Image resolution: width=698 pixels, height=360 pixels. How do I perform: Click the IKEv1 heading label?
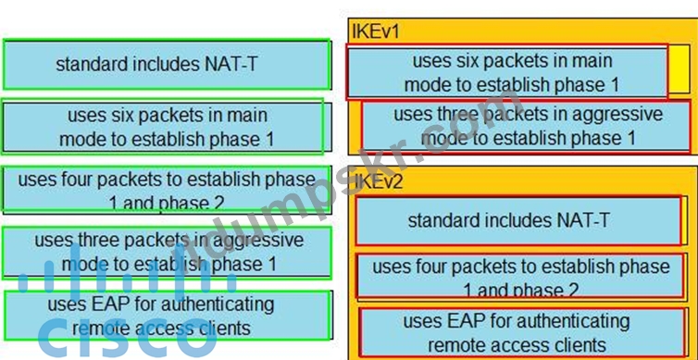click(x=376, y=31)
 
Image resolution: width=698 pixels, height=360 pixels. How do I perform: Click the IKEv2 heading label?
click(x=379, y=181)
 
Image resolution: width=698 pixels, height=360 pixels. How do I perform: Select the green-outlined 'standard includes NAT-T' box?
click(x=167, y=65)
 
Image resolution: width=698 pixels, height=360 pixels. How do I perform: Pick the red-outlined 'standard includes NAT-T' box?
click(x=518, y=220)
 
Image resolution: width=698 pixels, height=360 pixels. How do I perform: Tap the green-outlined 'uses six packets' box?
click(x=163, y=127)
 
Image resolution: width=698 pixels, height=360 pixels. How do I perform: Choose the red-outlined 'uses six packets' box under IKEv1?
click(x=507, y=72)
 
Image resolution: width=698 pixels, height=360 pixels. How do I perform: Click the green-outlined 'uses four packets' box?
click(x=167, y=188)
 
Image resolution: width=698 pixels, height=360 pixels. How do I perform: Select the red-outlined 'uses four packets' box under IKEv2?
click(x=520, y=276)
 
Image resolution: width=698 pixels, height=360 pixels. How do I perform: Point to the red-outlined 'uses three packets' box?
click(x=526, y=127)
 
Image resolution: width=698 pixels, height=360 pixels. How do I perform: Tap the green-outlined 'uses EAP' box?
click(x=168, y=316)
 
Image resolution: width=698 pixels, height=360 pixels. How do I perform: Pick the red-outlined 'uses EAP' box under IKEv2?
click(x=522, y=332)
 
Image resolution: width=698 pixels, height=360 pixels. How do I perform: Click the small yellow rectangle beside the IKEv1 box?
click(x=679, y=69)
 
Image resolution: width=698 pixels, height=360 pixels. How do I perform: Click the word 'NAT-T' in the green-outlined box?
click(x=231, y=65)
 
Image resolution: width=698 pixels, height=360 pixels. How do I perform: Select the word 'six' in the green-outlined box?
click(x=119, y=116)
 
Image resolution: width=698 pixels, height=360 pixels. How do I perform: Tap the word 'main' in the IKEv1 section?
click(x=593, y=61)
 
